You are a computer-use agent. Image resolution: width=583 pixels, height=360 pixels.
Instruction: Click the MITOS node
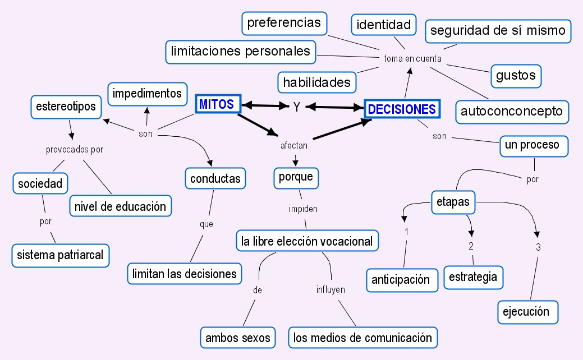218,104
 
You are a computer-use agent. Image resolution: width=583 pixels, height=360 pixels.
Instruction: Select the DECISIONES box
402,109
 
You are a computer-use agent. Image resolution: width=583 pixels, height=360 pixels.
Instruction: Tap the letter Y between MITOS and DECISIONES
297,107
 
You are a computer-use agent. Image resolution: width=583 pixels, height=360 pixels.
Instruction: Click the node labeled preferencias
284,23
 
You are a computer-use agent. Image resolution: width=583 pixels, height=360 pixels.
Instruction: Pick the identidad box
384,25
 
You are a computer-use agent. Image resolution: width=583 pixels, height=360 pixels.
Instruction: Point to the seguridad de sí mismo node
498,31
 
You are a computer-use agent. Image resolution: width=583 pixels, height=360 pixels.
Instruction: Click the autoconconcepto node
512,111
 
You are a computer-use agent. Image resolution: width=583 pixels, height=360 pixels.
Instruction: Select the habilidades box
317,82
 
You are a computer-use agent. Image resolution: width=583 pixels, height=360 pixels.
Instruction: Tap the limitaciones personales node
240,52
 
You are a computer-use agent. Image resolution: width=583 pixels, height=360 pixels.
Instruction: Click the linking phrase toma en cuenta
412,58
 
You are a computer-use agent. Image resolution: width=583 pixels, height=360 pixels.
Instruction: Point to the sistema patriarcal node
60,255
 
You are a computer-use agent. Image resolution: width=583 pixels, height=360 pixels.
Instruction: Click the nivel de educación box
120,206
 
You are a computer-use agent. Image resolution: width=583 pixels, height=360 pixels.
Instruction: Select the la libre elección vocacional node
306,241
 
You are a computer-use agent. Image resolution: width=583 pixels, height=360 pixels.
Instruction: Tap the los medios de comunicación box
362,338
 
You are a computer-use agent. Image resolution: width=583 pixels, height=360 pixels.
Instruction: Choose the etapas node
453,202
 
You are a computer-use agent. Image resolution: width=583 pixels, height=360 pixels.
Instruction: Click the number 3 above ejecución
538,247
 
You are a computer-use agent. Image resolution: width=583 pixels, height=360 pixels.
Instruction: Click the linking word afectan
294,146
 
